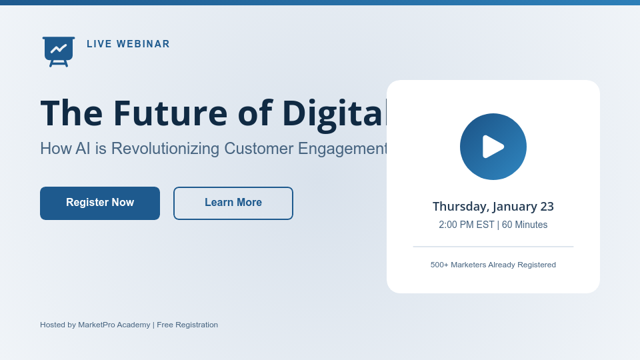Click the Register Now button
pyautogui.click(x=100, y=203)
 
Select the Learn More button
pyautogui.click(x=233, y=203)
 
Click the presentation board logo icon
pyautogui.click(x=59, y=51)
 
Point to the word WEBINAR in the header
pyautogui.click(x=143, y=44)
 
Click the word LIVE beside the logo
pyautogui.click(x=99, y=44)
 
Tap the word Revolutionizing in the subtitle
pyautogui.click(x=164, y=149)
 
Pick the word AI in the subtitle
pyautogui.click(x=83, y=149)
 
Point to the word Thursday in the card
pyautogui.click(x=460, y=207)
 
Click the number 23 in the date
pyautogui.click(x=547, y=207)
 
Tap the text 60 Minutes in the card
pyautogui.click(x=525, y=225)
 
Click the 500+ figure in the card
pyautogui.click(x=439, y=265)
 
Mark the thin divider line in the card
pyautogui.click(x=493, y=247)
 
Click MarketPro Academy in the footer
pyautogui.click(x=114, y=325)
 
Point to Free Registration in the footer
pyautogui.click(x=187, y=325)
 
